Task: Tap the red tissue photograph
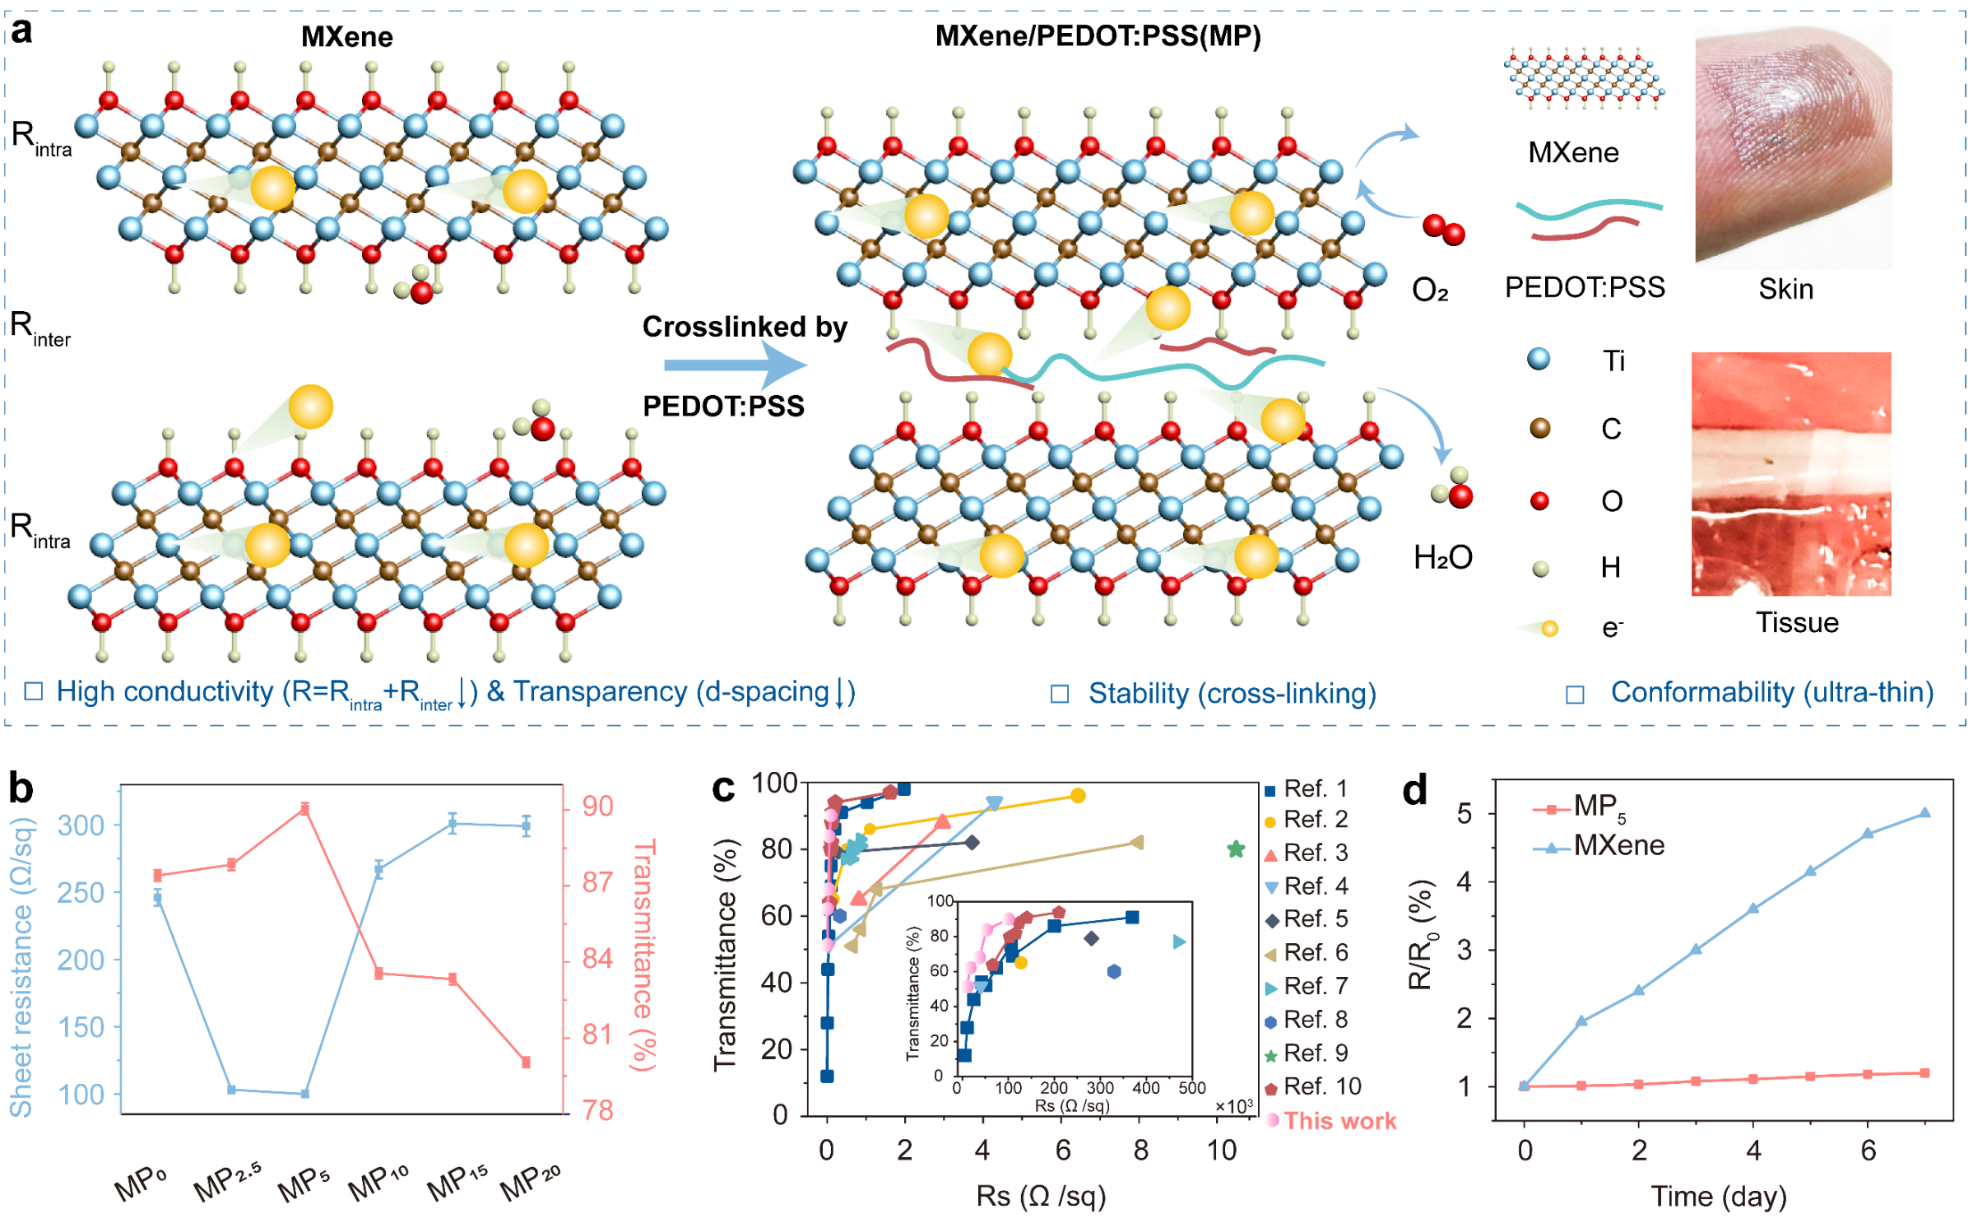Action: point(1790,473)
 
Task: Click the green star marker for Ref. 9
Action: point(1235,849)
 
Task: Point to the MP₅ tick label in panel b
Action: point(303,1183)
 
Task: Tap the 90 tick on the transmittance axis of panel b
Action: point(598,806)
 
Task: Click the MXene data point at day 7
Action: point(1924,812)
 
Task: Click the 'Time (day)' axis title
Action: point(1718,1195)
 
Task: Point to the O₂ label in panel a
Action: point(1430,290)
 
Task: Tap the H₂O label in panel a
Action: point(1442,557)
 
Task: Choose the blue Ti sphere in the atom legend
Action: point(1538,359)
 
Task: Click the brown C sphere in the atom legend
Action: point(1539,428)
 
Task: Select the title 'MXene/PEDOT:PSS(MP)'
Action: point(1098,36)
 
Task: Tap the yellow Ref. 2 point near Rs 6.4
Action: point(1078,795)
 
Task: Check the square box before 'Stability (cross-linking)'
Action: point(1060,694)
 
